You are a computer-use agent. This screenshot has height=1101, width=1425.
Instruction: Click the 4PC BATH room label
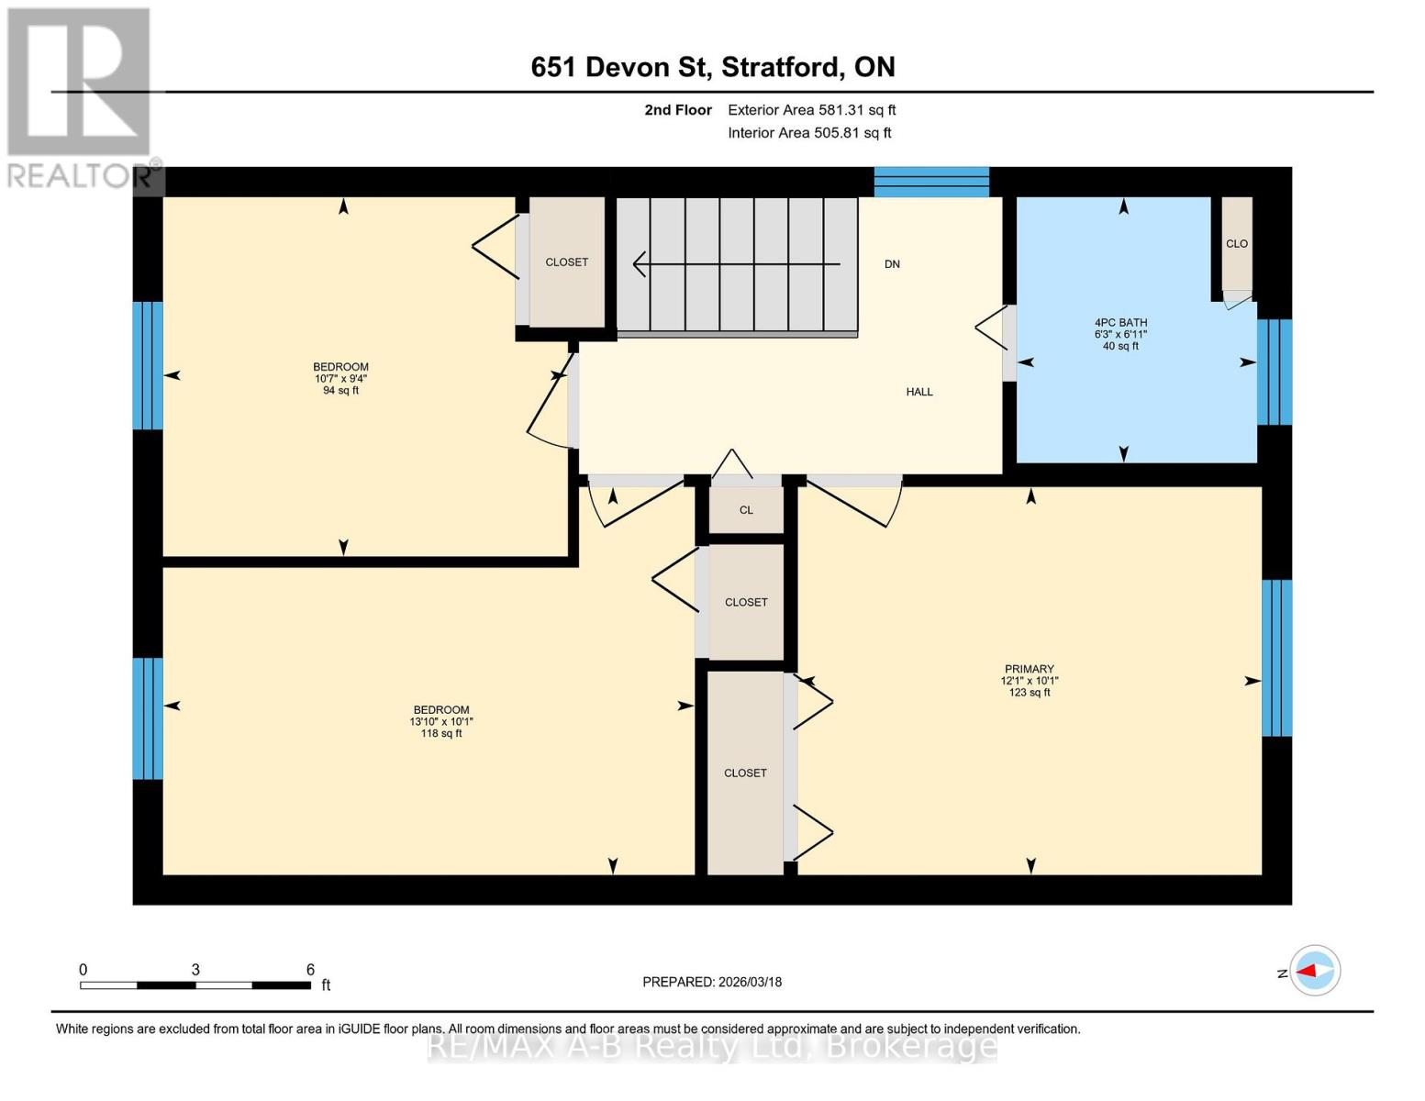pyautogui.click(x=1120, y=334)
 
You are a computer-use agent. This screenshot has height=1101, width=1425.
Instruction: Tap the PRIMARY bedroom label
pyautogui.click(x=1029, y=680)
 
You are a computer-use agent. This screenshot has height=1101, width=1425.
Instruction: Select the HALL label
pyautogui.click(x=918, y=392)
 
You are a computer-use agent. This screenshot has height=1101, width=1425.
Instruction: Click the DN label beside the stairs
pyautogui.click(x=892, y=264)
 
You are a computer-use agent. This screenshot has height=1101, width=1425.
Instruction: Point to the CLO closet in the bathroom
pyautogui.click(x=1236, y=244)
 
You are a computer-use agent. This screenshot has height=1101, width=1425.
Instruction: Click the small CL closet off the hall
pyautogui.click(x=746, y=510)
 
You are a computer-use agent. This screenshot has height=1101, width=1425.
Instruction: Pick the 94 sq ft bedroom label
pyautogui.click(x=340, y=378)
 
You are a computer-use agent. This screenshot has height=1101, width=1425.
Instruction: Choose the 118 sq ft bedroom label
pyautogui.click(x=440, y=721)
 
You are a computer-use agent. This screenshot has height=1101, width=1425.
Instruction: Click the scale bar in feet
pyautogui.click(x=195, y=985)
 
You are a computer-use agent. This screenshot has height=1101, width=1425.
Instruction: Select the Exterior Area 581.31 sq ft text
pyautogui.click(x=811, y=110)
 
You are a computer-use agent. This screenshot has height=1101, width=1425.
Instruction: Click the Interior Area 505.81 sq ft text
pyautogui.click(x=809, y=133)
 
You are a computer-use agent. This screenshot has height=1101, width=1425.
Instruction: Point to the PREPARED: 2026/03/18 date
pyautogui.click(x=712, y=982)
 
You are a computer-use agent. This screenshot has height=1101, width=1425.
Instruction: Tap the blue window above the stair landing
pyautogui.click(x=931, y=182)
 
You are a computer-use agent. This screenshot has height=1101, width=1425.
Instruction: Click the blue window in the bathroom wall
pyautogui.click(x=1275, y=373)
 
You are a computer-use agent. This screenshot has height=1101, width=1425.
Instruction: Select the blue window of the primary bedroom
pyautogui.click(x=1276, y=658)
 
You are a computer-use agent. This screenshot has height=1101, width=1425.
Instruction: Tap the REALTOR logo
pyautogui.click(x=80, y=96)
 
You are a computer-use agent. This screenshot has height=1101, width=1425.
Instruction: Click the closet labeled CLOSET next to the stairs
pyautogui.click(x=567, y=262)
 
